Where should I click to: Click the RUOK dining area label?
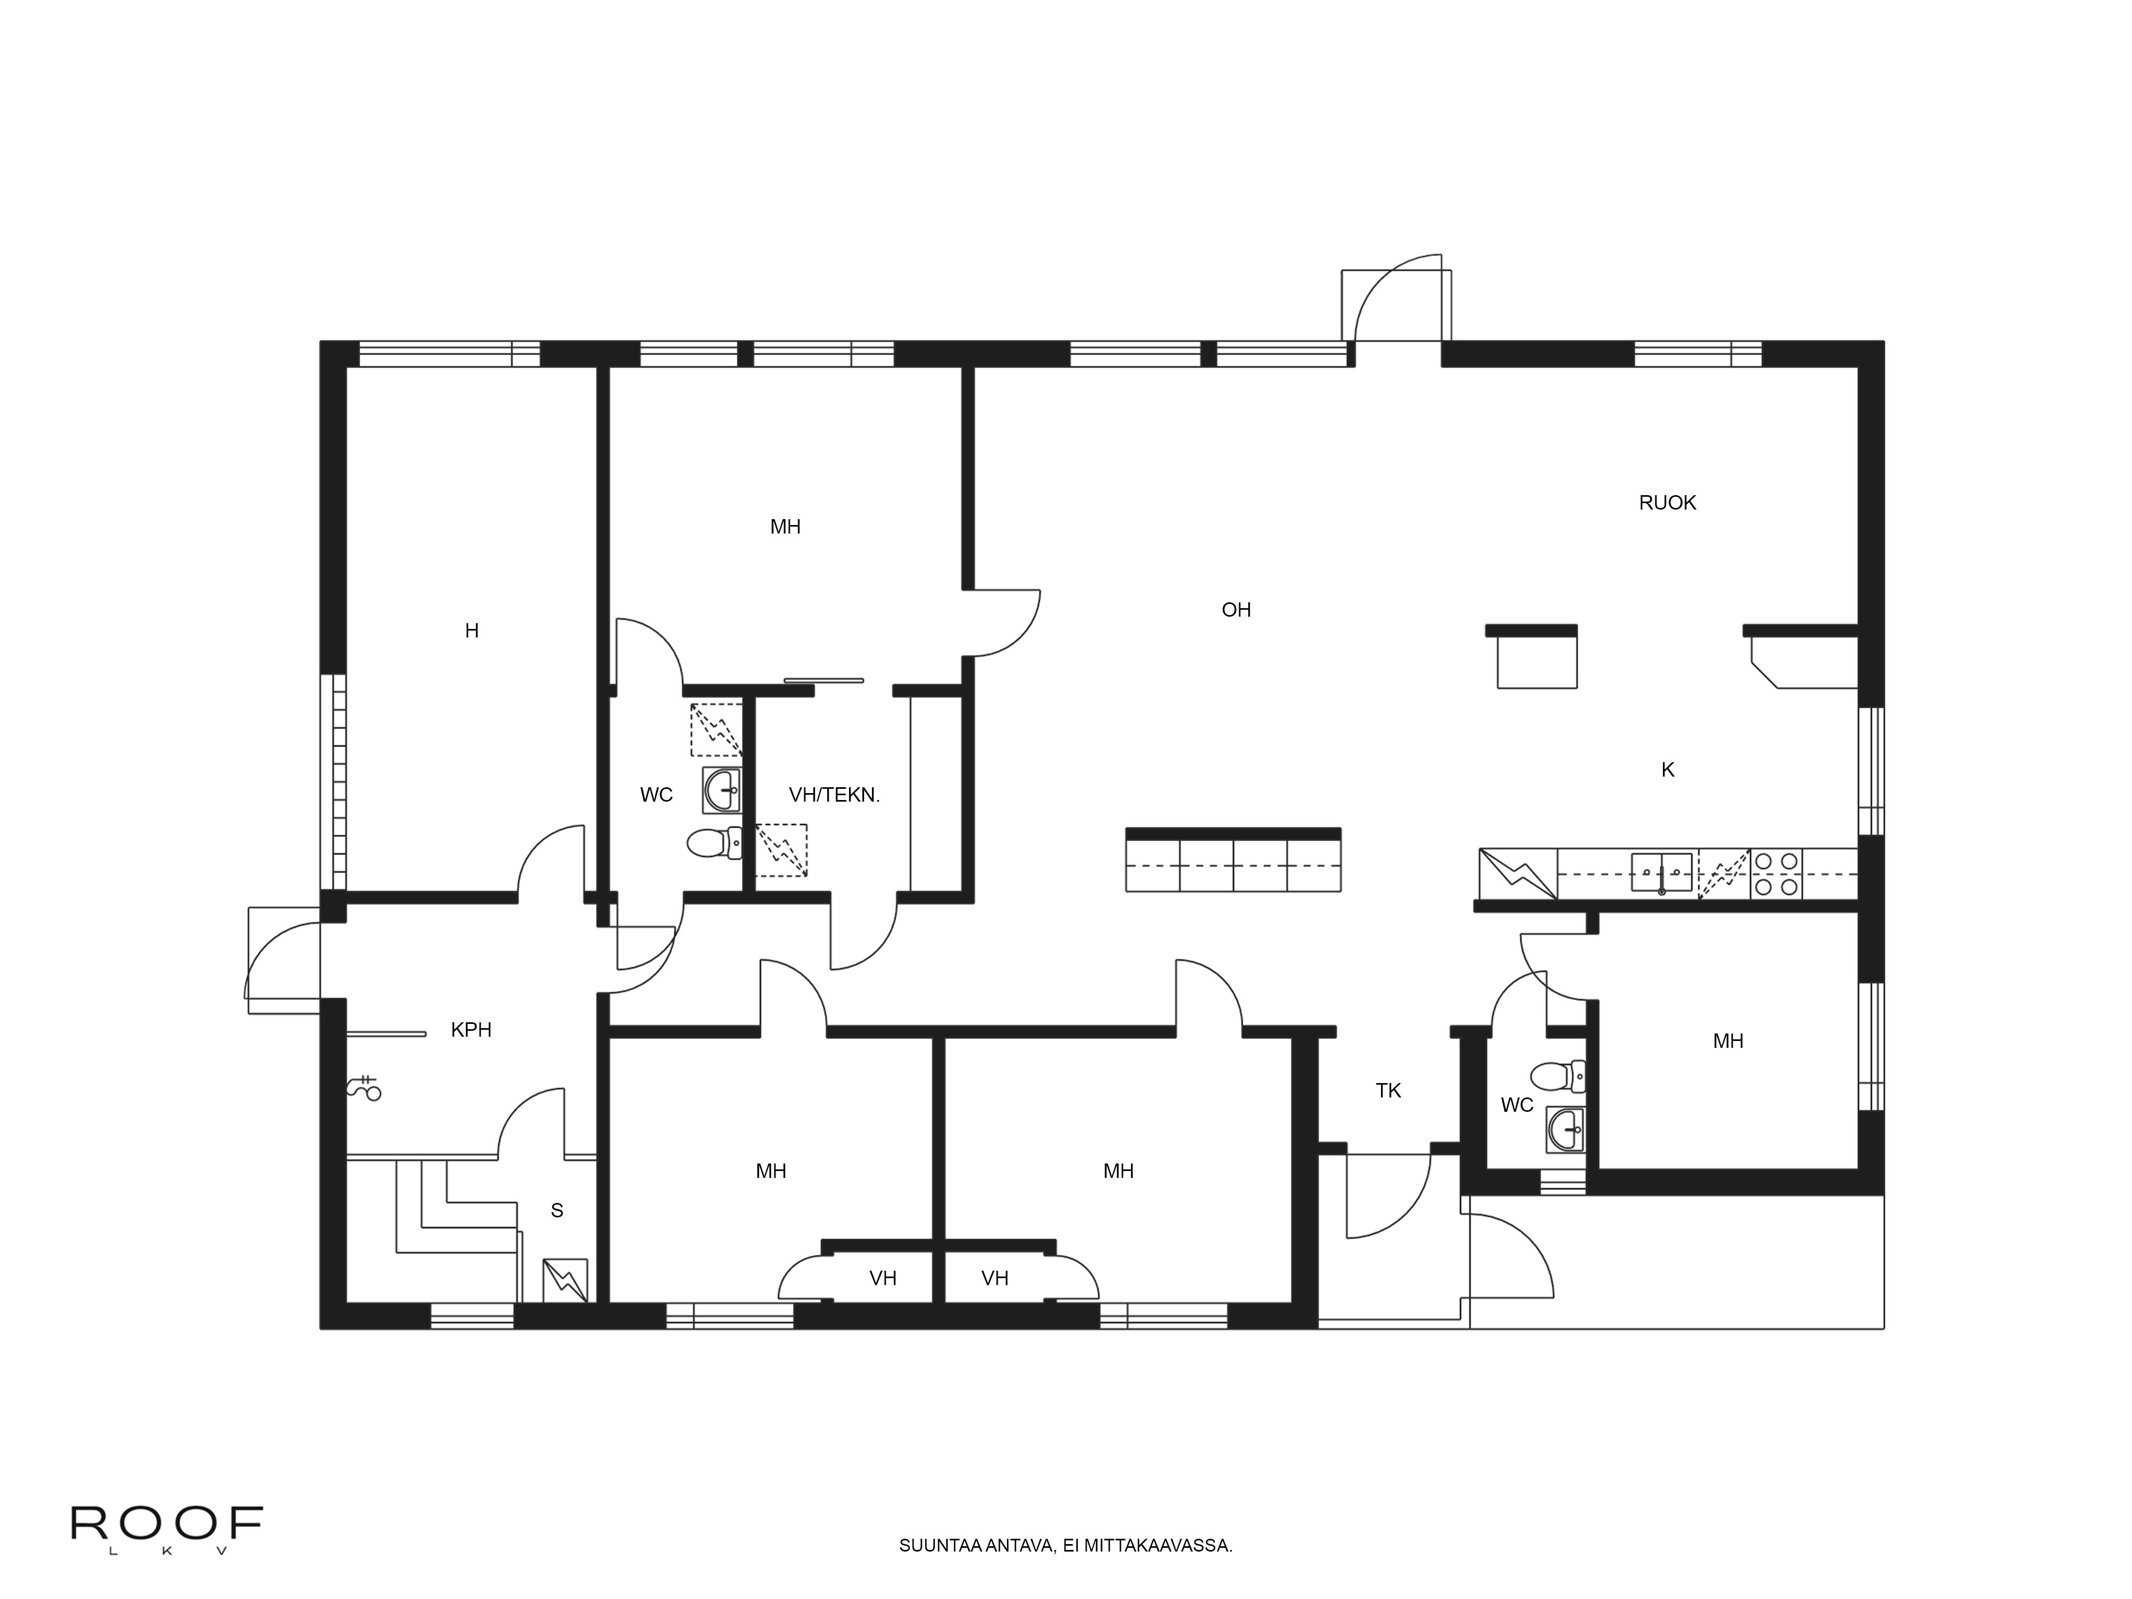coord(1667,502)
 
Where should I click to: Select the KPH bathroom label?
coord(471,1029)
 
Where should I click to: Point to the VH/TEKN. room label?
coord(835,795)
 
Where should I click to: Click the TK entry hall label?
coord(1388,1090)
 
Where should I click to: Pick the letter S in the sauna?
coord(557,1210)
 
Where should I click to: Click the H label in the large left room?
coord(471,631)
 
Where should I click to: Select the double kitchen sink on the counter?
coord(1662,873)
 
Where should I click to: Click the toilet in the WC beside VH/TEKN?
coord(715,843)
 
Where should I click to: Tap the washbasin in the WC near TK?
coord(1565,1129)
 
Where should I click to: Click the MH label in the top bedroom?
coord(786,526)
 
